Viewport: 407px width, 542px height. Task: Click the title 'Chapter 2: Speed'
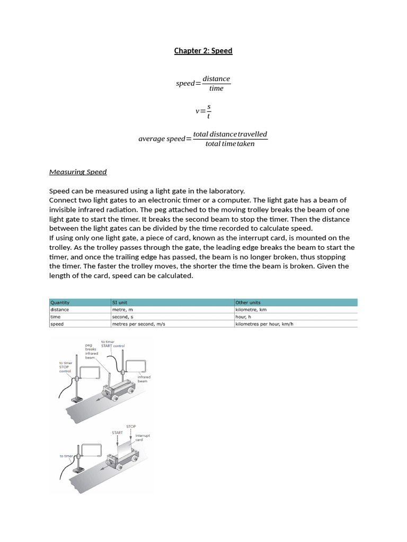pyautogui.click(x=203, y=51)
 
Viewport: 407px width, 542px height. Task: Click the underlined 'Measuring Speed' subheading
pyautogui.click(x=78, y=172)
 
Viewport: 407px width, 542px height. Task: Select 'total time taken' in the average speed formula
pyautogui.click(x=230, y=144)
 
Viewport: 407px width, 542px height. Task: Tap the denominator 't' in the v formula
pyautogui.click(x=208, y=116)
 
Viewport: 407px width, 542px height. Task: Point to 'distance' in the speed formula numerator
pyautogui.click(x=216, y=79)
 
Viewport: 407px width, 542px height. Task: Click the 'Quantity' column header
pyautogui.click(x=60, y=303)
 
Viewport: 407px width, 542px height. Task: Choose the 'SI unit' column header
pyautogui.click(x=120, y=303)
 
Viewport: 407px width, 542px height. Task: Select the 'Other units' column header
pyautogui.click(x=247, y=303)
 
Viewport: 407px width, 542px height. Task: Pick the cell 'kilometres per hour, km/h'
pyautogui.click(x=264, y=324)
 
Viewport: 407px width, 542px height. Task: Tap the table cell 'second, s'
pyautogui.click(x=122, y=317)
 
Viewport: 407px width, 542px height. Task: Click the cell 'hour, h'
pyautogui.click(x=243, y=317)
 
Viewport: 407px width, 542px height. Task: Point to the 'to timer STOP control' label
pyautogui.click(x=65, y=367)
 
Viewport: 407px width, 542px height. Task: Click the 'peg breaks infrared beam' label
pyautogui.click(x=91, y=351)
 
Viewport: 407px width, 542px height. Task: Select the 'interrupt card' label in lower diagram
pyautogui.click(x=142, y=437)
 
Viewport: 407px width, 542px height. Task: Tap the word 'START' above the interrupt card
pyautogui.click(x=117, y=432)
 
